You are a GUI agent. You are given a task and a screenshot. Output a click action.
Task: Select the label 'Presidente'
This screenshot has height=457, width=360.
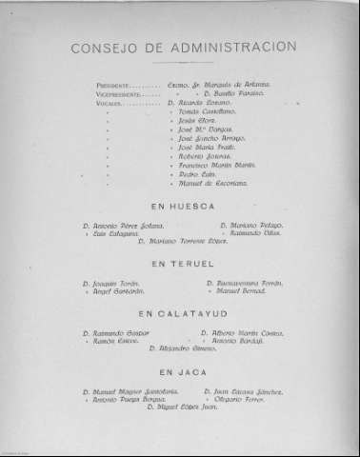click(114, 85)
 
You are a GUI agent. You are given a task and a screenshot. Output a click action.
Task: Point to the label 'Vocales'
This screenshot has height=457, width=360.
click(109, 102)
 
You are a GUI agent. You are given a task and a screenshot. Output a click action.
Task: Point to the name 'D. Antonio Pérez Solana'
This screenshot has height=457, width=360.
click(123, 225)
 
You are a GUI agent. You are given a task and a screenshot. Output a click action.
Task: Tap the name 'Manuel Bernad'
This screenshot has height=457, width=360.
click(239, 290)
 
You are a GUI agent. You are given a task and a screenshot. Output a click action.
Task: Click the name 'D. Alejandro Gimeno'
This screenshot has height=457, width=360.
click(180, 348)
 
